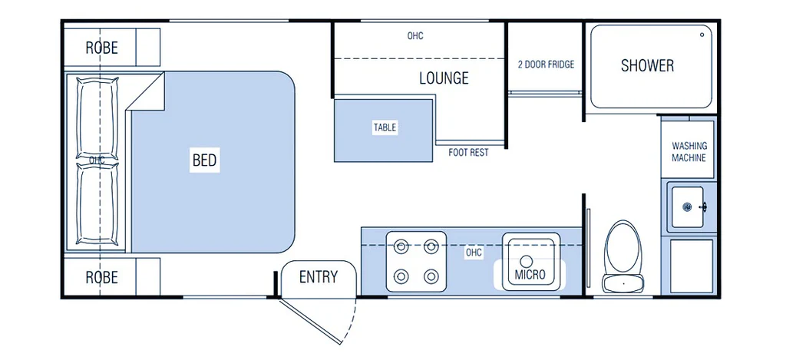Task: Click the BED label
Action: coord(204,160)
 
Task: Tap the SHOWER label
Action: coord(647,65)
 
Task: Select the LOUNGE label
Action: coord(444,78)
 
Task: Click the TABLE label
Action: coord(385,127)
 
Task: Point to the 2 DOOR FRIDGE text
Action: coord(546,64)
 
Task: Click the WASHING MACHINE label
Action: coord(689,151)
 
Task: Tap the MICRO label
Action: coord(530,275)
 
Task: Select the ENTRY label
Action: coord(318,277)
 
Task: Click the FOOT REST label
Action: coord(468,153)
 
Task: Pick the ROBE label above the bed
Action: coord(101,48)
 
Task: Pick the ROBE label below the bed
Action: coord(101,276)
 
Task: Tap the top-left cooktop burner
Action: coord(401,246)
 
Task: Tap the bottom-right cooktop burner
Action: coord(431,276)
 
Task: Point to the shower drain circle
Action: coord(702,35)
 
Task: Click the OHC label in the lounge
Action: coord(415,36)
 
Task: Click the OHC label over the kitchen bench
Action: coord(474,252)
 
